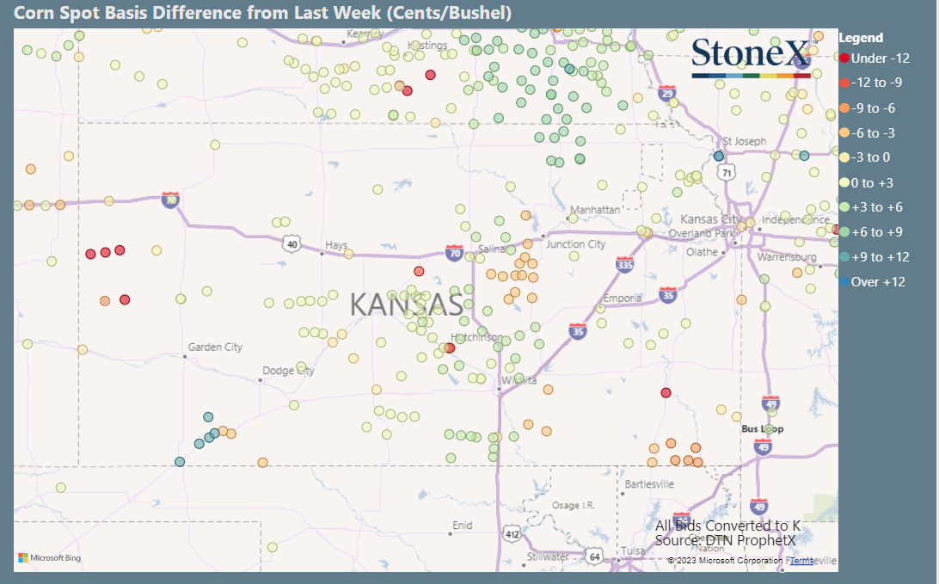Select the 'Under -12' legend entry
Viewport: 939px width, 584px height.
(875, 58)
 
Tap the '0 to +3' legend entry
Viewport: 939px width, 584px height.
(873, 183)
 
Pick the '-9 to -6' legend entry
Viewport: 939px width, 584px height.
(873, 108)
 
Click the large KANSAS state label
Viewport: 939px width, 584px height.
(407, 304)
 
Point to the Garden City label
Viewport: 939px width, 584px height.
(215, 347)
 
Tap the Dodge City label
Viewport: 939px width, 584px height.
(288, 371)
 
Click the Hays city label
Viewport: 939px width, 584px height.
(335, 245)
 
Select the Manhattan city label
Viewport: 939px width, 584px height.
(595, 210)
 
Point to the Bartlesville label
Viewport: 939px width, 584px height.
(649, 484)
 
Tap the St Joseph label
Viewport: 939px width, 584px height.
(744, 141)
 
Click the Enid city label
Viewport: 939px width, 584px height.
(463, 525)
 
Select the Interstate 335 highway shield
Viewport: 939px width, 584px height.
(625, 265)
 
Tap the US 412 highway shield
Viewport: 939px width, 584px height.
(512, 535)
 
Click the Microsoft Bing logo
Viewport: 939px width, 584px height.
(50, 558)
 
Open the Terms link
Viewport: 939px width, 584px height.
(801, 561)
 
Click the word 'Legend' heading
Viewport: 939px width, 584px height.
(861, 38)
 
